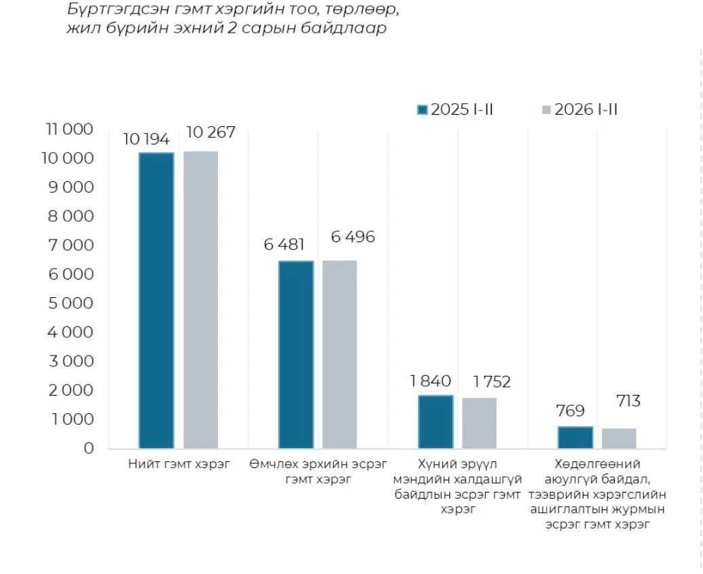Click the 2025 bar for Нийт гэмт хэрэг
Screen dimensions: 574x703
(157, 300)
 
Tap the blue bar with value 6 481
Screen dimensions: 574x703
(297, 354)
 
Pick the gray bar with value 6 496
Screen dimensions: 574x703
(339, 354)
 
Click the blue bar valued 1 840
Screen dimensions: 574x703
(436, 421)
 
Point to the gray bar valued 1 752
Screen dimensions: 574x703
(479, 423)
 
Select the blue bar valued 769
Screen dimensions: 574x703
(575, 437)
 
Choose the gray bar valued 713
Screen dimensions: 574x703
(619, 438)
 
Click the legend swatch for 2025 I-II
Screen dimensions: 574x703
(422, 110)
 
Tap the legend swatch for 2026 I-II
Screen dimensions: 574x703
(546, 110)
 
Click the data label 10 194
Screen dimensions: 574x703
(146, 140)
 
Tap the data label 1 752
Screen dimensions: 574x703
(486, 382)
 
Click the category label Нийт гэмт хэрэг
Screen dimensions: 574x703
(178, 465)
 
